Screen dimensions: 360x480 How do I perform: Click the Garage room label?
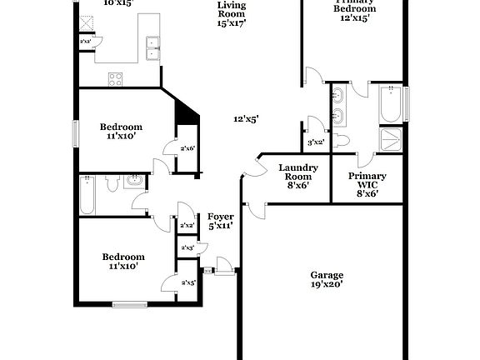point(327,275)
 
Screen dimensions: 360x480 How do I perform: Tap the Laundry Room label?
point(298,173)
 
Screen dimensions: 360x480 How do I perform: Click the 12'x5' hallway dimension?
point(245,119)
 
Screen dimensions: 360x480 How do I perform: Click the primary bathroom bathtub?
point(391,104)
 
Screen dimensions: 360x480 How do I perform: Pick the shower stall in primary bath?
point(391,138)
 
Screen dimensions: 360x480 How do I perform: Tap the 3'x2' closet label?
point(315,142)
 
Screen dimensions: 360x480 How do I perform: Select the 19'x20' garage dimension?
point(327,284)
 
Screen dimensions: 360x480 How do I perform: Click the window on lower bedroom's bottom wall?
point(129,304)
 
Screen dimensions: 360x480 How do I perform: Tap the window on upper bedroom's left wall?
point(76,132)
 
